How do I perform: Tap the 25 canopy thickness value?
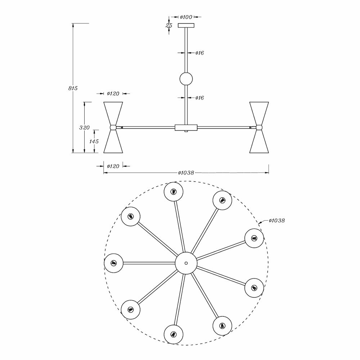coord(168,26)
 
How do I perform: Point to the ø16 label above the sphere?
coord(199,53)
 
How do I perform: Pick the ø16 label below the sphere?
coord(199,98)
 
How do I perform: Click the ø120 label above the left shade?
coord(113,94)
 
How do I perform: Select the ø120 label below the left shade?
coord(113,166)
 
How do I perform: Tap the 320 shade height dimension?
coord(85,127)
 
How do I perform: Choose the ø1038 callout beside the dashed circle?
coord(276,220)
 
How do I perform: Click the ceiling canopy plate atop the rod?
coord(186,26)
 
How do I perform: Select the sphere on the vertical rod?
coord(186,79)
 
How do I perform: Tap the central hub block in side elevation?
coord(186,127)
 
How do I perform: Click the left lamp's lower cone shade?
coord(113,142)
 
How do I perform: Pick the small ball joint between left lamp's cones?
coord(113,127)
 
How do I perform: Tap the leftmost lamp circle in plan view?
coord(114,262)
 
